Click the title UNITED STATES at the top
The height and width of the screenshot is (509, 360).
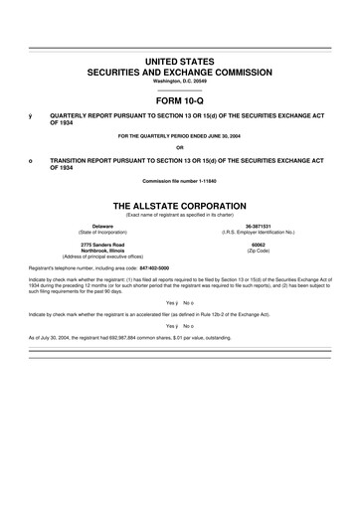pyautogui.click(x=180, y=63)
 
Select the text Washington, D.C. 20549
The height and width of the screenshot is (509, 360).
pyautogui.click(x=180, y=82)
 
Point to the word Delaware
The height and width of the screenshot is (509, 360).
pyautogui.click(x=102, y=226)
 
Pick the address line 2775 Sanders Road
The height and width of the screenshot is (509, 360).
pyautogui.click(x=102, y=245)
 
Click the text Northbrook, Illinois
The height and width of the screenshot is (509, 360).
pyautogui.click(x=102, y=251)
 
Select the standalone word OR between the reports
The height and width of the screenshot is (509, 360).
pyautogui.click(x=180, y=148)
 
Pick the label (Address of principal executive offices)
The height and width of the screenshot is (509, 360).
pyautogui.click(x=102, y=257)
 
